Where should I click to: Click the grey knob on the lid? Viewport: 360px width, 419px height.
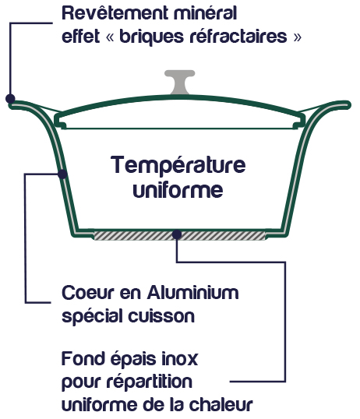coord(179,82)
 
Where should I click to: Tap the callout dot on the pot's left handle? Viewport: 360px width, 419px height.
coord(10,99)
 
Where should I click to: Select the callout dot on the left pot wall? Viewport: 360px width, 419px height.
coord(62,174)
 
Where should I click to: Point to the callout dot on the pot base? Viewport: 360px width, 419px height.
coord(177,234)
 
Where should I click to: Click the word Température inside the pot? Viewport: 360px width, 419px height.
coord(178,165)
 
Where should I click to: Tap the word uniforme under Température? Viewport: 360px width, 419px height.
coord(178,189)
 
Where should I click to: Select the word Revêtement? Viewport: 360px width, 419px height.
coord(115,12)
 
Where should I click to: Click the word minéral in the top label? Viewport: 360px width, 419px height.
coord(206,12)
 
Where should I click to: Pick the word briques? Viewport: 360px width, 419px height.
coord(152,37)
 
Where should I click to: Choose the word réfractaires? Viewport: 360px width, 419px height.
coord(238,36)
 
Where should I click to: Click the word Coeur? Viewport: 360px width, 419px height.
coord(88,293)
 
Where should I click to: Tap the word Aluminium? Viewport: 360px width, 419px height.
coord(192,292)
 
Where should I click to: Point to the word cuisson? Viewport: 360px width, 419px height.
coord(161,316)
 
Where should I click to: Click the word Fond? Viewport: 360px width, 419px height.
coord(83,358)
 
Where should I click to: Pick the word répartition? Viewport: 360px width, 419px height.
coord(150,382)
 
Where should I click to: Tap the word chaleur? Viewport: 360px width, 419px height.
coord(221,404)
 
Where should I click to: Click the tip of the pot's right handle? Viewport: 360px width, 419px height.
coord(349,104)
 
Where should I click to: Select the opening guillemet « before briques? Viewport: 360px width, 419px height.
coord(110,37)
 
